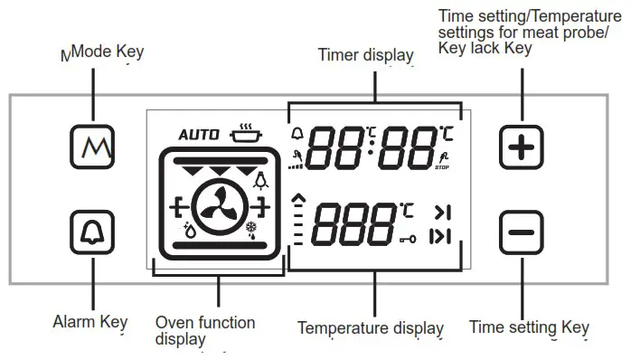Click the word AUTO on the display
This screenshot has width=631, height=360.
pos(198,135)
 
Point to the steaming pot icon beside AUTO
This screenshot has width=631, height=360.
pos(242,135)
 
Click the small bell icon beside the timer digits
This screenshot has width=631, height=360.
pos(298,135)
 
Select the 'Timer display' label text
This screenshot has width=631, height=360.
pos(365,55)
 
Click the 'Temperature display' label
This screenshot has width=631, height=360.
pos(371,327)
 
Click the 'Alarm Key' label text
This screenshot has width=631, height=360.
pos(91,321)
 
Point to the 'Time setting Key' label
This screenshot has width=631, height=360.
pos(529,327)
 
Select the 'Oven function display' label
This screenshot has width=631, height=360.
pos(205,330)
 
